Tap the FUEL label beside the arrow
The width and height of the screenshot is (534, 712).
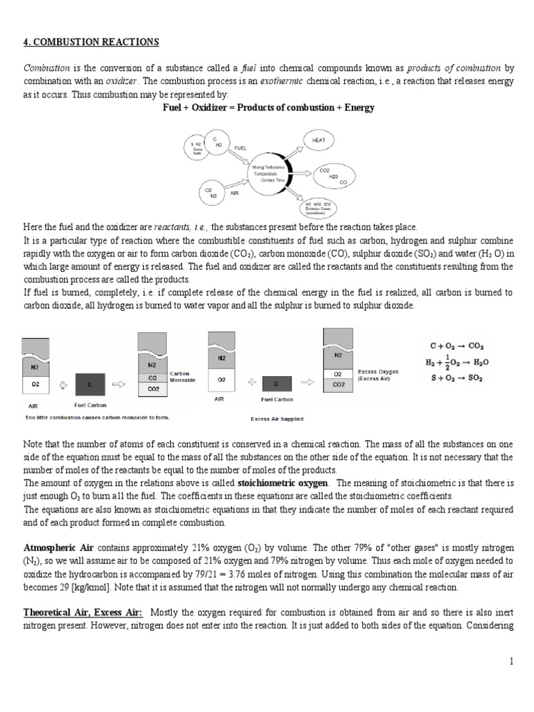point(241,148)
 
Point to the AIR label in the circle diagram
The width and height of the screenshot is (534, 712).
point(234,194)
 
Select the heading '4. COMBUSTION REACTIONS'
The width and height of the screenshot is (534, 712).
point(91,42)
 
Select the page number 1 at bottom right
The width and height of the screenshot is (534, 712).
point(510,661)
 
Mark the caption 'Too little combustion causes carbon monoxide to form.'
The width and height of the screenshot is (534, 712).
point(97,417)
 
